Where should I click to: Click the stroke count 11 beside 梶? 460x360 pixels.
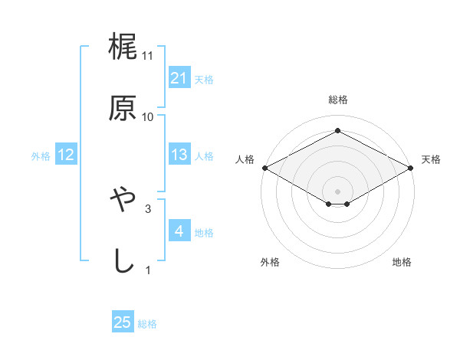click(x=148, y=56)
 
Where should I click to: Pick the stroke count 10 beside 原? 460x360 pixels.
click(x=148, y=116)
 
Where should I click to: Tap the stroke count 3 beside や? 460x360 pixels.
click(x=148, y=208)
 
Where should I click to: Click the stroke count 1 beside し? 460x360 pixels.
click(x=148, y=269)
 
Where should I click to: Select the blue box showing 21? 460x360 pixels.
click(x=179, y=78)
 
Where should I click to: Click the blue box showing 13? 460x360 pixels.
click(x=179, y=155)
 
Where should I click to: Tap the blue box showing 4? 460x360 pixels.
click(x=179, y=231)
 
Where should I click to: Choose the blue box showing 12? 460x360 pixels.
click(x=66, y=155)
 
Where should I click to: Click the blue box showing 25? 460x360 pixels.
click(x=123, y=322)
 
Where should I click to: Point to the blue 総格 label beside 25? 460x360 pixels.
click(x=147, y=324)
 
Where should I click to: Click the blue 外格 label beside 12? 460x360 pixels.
click(x=41, y=156)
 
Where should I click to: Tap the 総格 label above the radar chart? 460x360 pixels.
click(x=338, y=100)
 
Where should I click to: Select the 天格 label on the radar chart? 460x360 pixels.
click(x=432, y=159)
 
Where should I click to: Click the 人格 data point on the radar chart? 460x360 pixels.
click(x=264, y=168)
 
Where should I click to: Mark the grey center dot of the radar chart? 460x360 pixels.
click(x=338, y=190)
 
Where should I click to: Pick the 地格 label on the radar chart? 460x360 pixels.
click(x=402, y=263)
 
